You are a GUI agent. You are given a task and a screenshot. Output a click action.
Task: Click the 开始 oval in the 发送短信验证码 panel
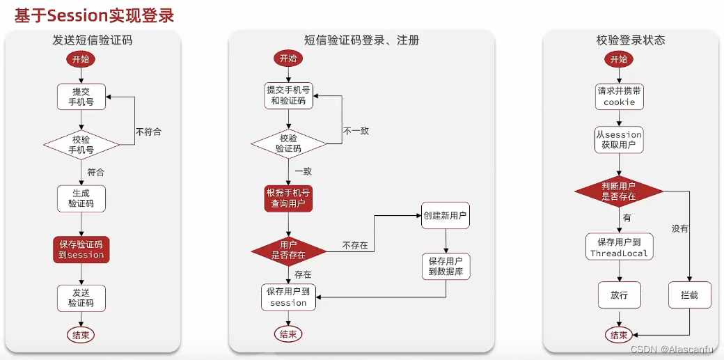(81, 59)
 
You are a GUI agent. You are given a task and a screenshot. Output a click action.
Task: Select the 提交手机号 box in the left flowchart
(81, 96)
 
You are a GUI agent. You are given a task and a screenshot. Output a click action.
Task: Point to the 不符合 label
(148, 132)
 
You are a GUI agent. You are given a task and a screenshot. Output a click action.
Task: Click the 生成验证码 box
(81, 198)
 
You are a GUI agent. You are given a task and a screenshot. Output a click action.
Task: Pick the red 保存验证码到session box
(81, 249)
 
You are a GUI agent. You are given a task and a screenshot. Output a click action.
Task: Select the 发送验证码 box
(81, 297)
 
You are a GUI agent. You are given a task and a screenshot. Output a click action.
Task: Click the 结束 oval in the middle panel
(288, 334)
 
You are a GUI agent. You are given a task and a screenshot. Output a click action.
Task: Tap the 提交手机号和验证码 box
(288, 95)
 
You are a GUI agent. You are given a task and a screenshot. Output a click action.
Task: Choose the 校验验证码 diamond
(288, 143)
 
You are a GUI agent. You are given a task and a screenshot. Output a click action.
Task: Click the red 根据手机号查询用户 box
(288, 198)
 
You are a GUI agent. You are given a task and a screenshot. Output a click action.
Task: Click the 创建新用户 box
(446, 216)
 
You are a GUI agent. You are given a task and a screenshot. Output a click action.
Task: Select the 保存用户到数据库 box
(446, 266)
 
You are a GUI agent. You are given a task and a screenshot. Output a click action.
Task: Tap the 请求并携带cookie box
(619, 96)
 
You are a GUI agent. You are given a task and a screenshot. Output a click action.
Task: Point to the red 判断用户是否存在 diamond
(619, 191)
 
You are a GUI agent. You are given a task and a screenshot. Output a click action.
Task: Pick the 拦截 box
(689, 295)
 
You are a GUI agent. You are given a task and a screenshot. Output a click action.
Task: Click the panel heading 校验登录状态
(630, 40)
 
